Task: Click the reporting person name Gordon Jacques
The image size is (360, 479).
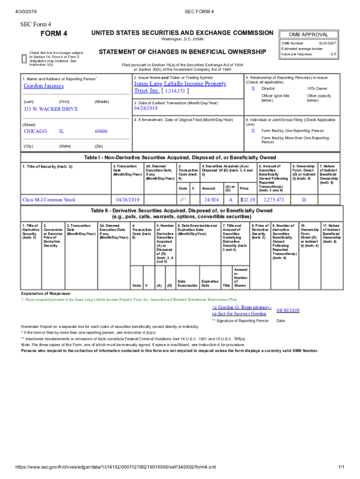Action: click(44, 86)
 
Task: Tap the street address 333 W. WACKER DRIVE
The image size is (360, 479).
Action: click(51, 109)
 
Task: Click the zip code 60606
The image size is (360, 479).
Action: click(101, 131)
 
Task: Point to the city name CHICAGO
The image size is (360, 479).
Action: click(35, 131)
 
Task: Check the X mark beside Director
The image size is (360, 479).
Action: click(253, 88)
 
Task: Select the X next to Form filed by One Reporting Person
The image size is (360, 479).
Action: click(253, 131)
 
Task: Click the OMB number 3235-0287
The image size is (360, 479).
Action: click(327, 43)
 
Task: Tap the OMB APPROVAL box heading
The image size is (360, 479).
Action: click(309, 35)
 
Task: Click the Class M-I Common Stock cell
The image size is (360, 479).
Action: click(49, 200)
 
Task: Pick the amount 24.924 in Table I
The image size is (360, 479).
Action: click(212, 200)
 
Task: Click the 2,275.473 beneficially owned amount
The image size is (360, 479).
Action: click(274, 200)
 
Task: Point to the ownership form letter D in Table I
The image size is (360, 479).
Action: click(303, 200)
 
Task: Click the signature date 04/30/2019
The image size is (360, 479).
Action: click(288, 310)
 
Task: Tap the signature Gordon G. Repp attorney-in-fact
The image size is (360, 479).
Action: click(242, 311)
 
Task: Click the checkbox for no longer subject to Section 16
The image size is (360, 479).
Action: click(24, 58)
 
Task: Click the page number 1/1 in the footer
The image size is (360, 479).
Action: click(341, 467)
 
